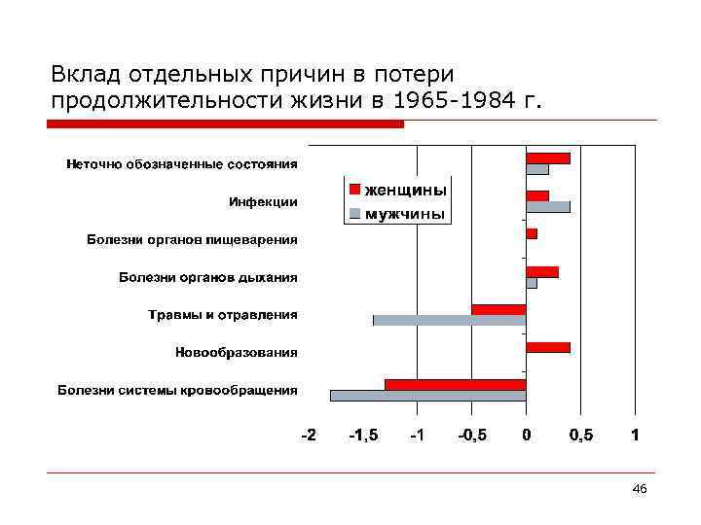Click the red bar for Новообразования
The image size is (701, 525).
coord(548,347)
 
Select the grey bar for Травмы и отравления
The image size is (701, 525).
coord(449,320)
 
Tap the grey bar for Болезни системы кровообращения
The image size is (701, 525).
coord(427,396)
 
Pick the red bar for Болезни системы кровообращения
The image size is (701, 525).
coord(455,385)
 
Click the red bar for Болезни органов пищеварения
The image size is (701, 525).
coord(532,233)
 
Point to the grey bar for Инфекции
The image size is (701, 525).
coord(548,206)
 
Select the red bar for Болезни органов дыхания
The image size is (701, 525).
coord(542,271)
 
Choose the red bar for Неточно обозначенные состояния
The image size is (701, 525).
coord(548,157)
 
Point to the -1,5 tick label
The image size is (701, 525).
coord(363,436)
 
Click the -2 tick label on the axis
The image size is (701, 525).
coord(308,436)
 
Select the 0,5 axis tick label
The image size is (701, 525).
coord(580,436)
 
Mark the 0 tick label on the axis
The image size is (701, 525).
coord(527,436)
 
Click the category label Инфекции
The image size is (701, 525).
coord(263,201)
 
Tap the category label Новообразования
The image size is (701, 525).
coord(237,352)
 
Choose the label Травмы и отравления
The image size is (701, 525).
coord(223,314)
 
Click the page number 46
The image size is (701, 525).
coord(639,488)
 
